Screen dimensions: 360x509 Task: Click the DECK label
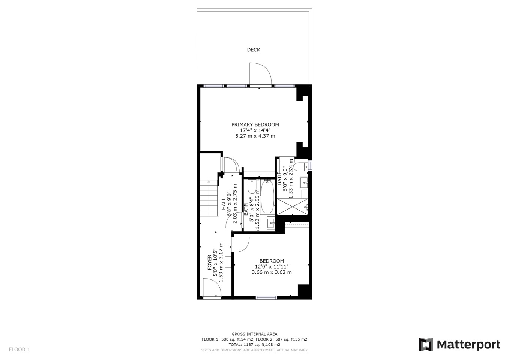coord(254,50)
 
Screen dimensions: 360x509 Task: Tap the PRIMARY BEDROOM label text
coord(255,124)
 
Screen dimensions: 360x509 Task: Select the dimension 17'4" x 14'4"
coord(255,130)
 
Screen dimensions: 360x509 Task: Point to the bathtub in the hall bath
coord(267,197)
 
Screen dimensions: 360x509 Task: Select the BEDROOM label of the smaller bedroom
coord(272,261)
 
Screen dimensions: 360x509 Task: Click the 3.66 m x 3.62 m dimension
coord(272,272)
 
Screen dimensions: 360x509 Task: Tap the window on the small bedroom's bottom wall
coord(266,298)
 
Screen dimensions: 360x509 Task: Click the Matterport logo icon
coord(426,344)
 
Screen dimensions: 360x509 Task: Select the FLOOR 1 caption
coord(19,349)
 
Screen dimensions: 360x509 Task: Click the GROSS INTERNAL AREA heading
coord(254,334)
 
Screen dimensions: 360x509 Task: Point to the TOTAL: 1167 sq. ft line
coord(254,344)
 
